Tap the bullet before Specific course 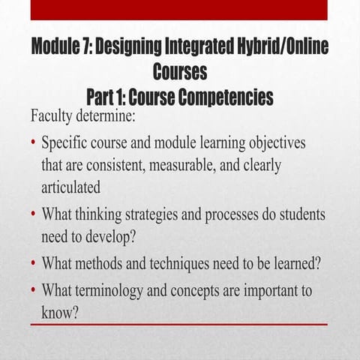34,142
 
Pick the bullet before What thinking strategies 34,214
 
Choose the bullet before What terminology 34,290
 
